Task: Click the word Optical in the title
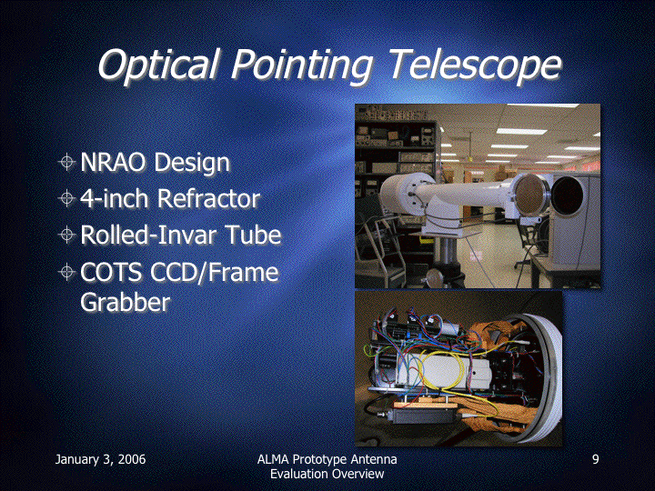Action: tap(159, 65)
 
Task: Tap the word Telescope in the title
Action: tap(475, 65)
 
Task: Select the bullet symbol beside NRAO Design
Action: tap(66, 162)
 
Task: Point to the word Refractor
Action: tap(209, 198)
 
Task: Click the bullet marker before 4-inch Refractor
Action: tap(66, 198)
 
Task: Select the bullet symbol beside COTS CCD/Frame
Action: tap(66, 272)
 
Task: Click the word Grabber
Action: tap(126, 302)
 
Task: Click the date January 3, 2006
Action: tap(101, 459)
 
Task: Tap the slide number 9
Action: tap(596, 459)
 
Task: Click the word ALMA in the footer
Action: tap(272, 459)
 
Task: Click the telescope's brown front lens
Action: tap(531, 195)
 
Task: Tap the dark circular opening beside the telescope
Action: tap(567, 196)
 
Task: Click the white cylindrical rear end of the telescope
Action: tap(402, 194)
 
